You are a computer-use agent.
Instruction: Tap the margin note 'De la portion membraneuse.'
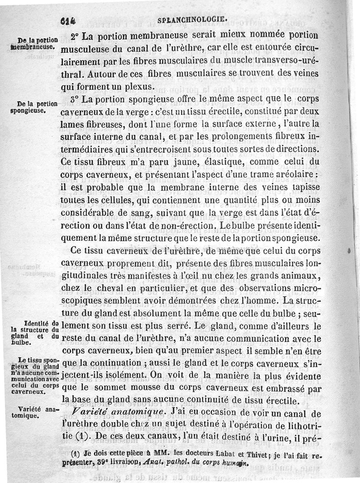[x=34, y=43]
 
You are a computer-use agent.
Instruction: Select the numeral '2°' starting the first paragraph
[x=75, y=35]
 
